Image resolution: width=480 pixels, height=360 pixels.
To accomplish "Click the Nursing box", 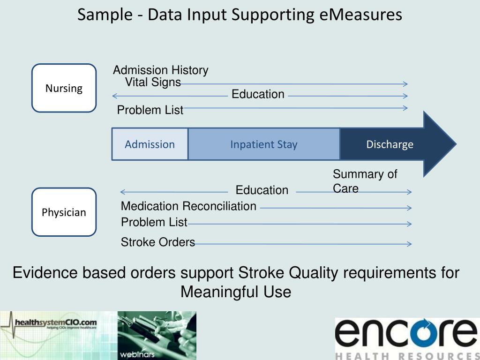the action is click(x=64, y=88).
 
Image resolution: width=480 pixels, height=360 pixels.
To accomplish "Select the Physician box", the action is click(x=64, y=212).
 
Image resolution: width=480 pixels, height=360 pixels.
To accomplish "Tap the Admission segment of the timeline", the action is click(x=150, y=144).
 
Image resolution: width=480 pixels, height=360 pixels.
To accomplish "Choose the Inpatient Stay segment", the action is click(x=263, y=144).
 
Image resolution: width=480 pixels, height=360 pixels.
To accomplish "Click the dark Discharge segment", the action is click(x=390, y=144).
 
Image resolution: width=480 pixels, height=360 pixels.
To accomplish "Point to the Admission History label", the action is click(x=160, y=70).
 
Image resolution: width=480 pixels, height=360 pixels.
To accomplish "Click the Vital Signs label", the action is click(x=153, y=82).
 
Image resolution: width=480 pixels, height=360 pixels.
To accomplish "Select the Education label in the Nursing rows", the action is click(x=258, y=94).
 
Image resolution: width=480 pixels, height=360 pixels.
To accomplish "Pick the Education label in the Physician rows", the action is click(x=262, y=190).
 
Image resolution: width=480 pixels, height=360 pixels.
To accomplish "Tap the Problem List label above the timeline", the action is click(x=150, y=110).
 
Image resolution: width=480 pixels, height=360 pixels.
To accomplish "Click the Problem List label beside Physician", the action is click(x=154, y=222).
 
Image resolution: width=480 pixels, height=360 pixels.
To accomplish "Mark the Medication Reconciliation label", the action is click(x=188, y=206).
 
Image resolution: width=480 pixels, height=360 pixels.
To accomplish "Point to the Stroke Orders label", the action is click(x=157, y=242).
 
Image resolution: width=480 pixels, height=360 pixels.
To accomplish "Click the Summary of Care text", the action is click(x=364, y=181).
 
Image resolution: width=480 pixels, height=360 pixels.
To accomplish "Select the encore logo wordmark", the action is click(x=406, y=333).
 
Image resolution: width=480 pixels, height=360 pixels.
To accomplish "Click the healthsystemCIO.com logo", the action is click(x=55, y=323).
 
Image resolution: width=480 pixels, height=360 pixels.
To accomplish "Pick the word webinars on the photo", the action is click(x=137, y=354).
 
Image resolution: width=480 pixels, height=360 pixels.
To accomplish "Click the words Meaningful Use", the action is click(x=236, y=292).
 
